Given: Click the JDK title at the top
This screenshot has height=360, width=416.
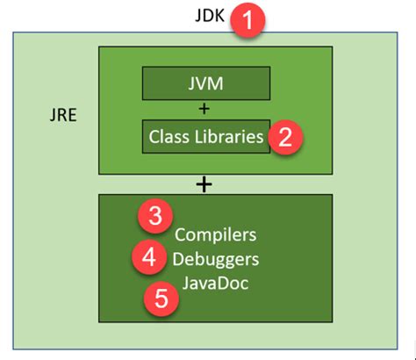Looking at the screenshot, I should point(212,17).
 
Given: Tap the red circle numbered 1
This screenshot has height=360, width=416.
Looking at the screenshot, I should point(249,20).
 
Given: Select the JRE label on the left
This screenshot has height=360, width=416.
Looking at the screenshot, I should point(66,114).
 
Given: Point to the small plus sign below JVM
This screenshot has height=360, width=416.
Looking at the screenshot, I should point(205,109).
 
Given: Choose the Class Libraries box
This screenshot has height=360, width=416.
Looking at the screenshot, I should point(205,136).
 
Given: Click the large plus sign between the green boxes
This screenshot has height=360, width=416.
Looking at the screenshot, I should point(204,184).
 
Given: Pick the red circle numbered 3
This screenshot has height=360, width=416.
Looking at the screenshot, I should point(154,216).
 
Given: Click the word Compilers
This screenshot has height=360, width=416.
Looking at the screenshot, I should point(215,235).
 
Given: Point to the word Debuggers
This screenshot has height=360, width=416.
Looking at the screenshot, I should point(215,260).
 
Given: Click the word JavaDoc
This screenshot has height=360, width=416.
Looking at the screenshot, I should point(215,284).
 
